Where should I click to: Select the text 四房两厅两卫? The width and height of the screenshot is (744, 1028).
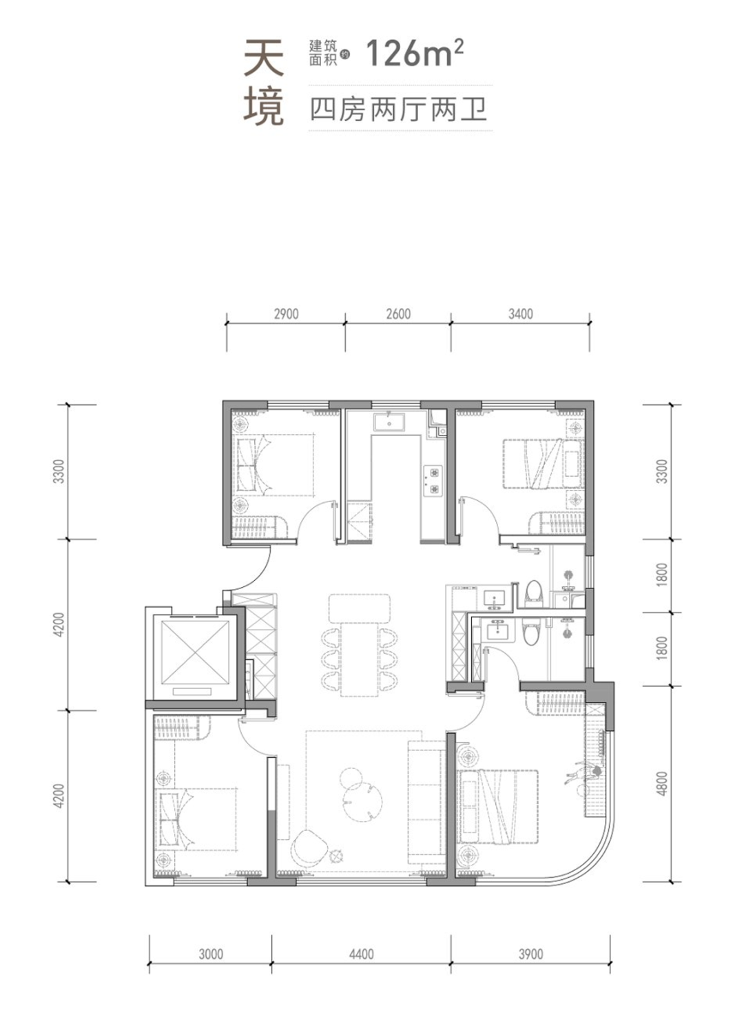tap(398, 110)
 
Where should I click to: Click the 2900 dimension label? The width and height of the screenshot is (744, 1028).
tap(286, 314)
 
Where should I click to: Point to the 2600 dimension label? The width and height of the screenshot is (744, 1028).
tap(398, 314)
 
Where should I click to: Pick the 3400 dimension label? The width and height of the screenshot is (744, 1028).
tap(521, 314)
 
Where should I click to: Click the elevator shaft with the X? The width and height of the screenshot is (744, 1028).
tap(196, 652)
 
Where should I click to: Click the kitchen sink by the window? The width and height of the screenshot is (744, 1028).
tap(389, 422)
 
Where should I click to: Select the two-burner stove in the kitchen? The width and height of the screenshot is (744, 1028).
tap(433, 481)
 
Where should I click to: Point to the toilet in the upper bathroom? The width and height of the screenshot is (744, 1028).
tap(533, 594)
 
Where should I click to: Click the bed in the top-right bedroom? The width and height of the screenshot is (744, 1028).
tap(544, 464)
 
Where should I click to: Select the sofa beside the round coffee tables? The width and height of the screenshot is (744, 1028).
tap(425, 803)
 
